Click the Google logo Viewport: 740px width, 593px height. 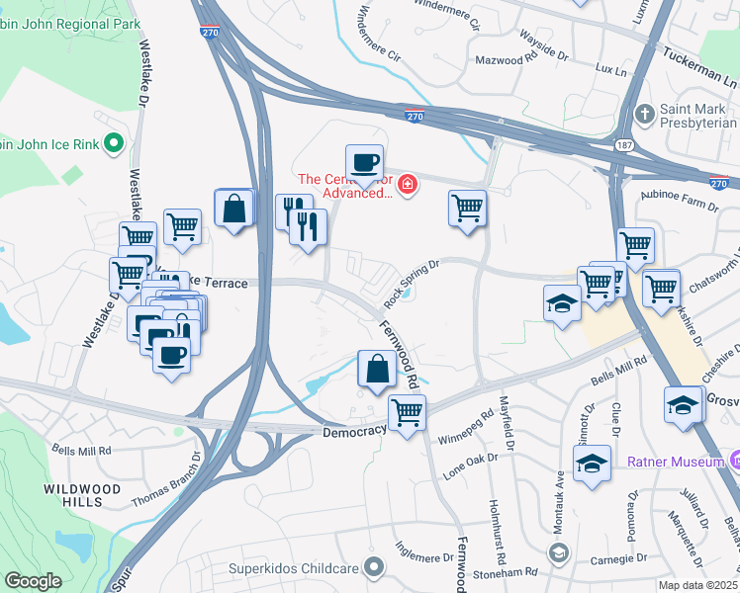click(x=33, y=581)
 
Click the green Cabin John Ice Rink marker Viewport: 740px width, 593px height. click(x=113, y=144)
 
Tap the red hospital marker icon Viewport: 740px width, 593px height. click(x=406, y=185)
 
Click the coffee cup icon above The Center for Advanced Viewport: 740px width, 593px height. click(x=363, y=162)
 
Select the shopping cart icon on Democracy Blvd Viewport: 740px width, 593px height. click(x=407, y=412)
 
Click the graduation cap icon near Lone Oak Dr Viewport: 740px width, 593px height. click(x=592, y=463)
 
